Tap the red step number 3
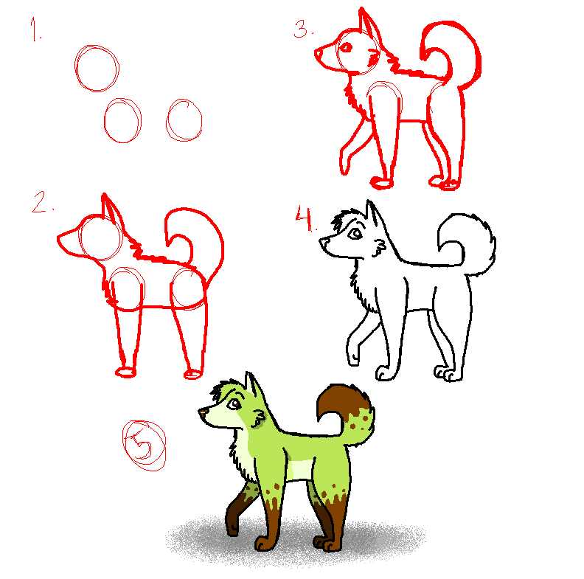pos(303,29)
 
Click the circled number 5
pos(144,445)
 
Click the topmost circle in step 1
pos(96,68)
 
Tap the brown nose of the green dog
pos(202,411)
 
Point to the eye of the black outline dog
pos(354,234)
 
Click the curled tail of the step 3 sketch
pos(450,52)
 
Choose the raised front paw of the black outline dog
pos(352,358)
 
